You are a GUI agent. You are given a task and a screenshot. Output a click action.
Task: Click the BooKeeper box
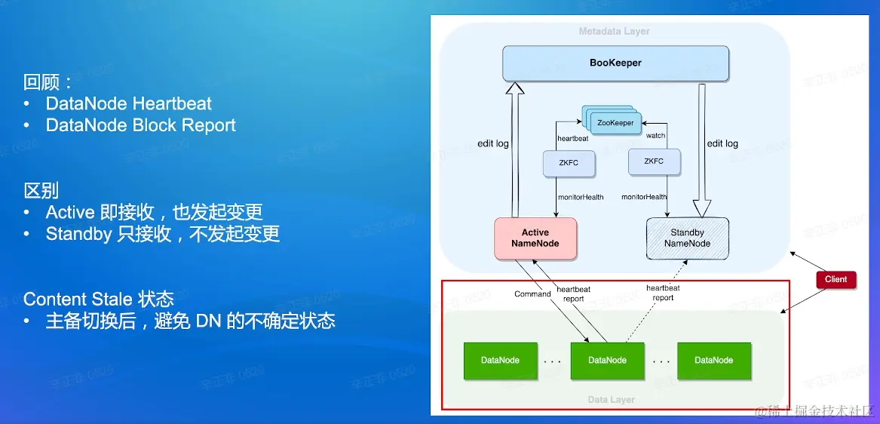[x=615, y=63]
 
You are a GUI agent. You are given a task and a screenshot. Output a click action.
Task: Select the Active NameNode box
[x=535, y=238]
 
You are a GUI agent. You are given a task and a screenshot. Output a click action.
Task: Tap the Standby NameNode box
[x=687, y=238]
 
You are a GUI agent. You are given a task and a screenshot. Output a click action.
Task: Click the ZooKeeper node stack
[x=614, y=121]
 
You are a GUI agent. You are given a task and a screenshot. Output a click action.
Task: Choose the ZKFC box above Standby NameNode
[x=654, y=161]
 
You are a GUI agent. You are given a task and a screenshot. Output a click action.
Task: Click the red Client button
[x=836, y=279]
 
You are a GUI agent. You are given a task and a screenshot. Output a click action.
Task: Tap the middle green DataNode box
[x=607, y=361]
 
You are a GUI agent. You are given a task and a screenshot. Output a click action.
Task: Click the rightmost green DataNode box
[x=713, y=361]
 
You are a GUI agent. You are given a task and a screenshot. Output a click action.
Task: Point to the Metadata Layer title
[x=614, y=32]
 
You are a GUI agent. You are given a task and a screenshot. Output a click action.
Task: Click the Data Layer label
[x=611, y=400]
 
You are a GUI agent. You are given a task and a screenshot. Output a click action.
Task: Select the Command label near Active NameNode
[x=532, y=294]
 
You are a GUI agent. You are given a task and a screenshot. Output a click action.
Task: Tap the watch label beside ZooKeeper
[x=655, y=136]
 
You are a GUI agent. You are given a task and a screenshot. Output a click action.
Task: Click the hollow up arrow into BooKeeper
[x=515, y=151]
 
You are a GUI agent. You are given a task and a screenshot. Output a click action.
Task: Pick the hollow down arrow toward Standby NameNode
[x=701, y=151]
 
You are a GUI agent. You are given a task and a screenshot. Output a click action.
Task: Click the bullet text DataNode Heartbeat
[x=129, y=103]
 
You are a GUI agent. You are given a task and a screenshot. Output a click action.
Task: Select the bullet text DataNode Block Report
[x=141, y=125]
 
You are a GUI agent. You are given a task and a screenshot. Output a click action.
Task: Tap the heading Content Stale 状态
[x=99, y=299]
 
